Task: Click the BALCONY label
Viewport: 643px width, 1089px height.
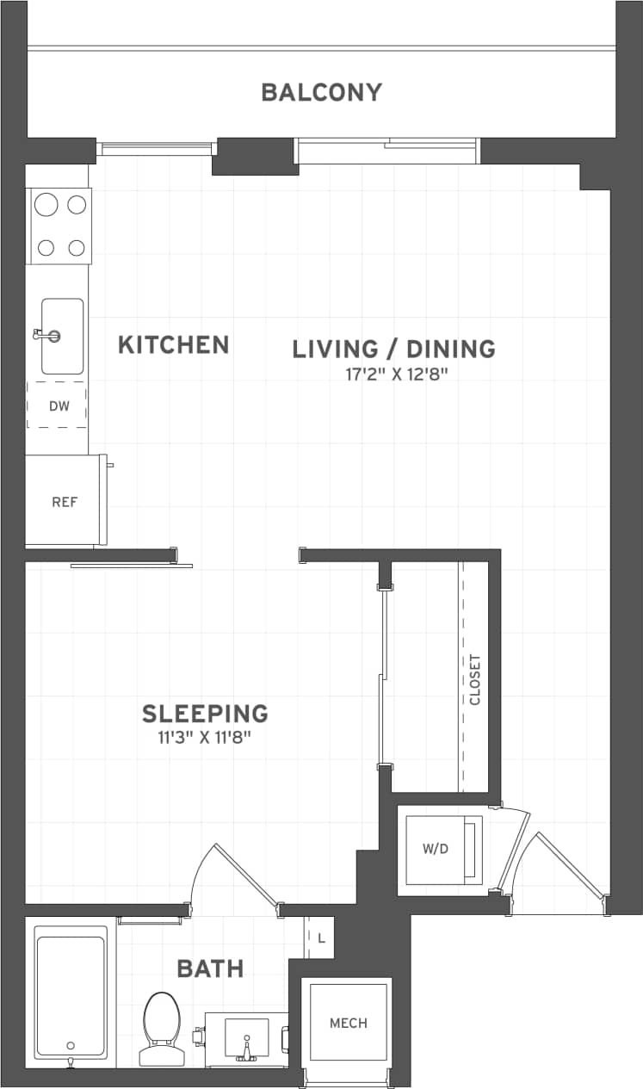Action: (x=321, y=92)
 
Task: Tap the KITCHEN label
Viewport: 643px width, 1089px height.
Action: (x=173, y=345)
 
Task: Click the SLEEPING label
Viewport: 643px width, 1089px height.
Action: (x=205, y=714)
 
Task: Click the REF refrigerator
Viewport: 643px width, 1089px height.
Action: (x=65, y=501)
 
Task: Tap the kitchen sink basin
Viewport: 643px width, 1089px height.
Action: (x=63, y=336)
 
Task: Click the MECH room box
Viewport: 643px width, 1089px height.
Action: (x=348, y=1023)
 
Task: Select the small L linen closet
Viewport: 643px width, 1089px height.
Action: (x=321, y=938)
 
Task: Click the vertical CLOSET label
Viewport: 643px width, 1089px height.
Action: (x=475, y=680)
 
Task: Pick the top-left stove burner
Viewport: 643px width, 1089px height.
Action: (x=46, y=205)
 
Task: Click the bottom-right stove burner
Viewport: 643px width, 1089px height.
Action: (x=77, y=248)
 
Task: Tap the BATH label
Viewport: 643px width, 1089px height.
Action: (x=210, y=968)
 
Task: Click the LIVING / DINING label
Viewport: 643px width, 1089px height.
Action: (x=393, y=349)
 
